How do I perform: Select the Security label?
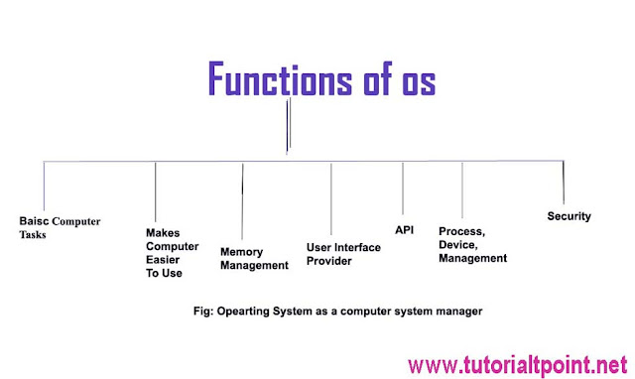tap(570, 216)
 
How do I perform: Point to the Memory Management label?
tap(254, 259)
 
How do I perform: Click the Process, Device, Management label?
tap(472, 244)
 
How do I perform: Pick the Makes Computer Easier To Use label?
tap(172, 253)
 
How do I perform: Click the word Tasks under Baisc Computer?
tap(34, 236)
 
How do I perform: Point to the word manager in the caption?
tap(451, 311)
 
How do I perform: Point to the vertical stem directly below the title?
tap(287, 128)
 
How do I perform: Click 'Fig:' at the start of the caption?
tap(205, 311)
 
